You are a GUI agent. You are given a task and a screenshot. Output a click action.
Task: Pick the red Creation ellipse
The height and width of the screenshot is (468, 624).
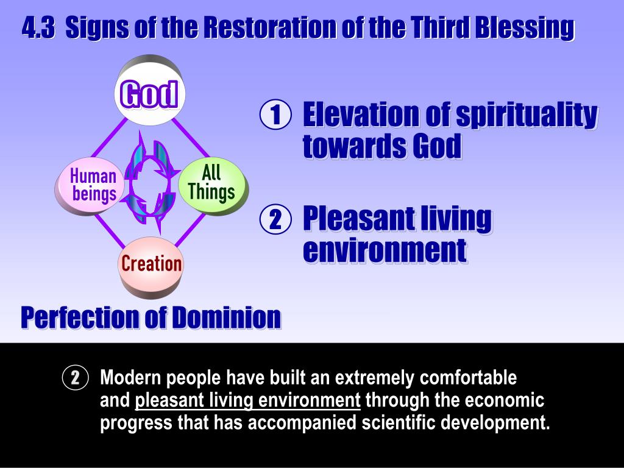tap(151, 264)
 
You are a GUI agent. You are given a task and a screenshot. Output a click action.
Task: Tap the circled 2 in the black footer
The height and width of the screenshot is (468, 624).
tap(75, 378)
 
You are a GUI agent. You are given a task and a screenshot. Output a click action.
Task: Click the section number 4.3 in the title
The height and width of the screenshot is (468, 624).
tap(38, 27)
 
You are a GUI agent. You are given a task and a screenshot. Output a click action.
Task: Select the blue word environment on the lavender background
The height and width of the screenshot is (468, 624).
tap(385, 250)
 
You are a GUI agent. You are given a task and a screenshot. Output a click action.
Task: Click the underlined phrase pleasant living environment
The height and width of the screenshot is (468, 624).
tap(248, 401)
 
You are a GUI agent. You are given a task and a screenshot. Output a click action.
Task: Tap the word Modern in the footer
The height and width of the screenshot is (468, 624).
tap(129, 378)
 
